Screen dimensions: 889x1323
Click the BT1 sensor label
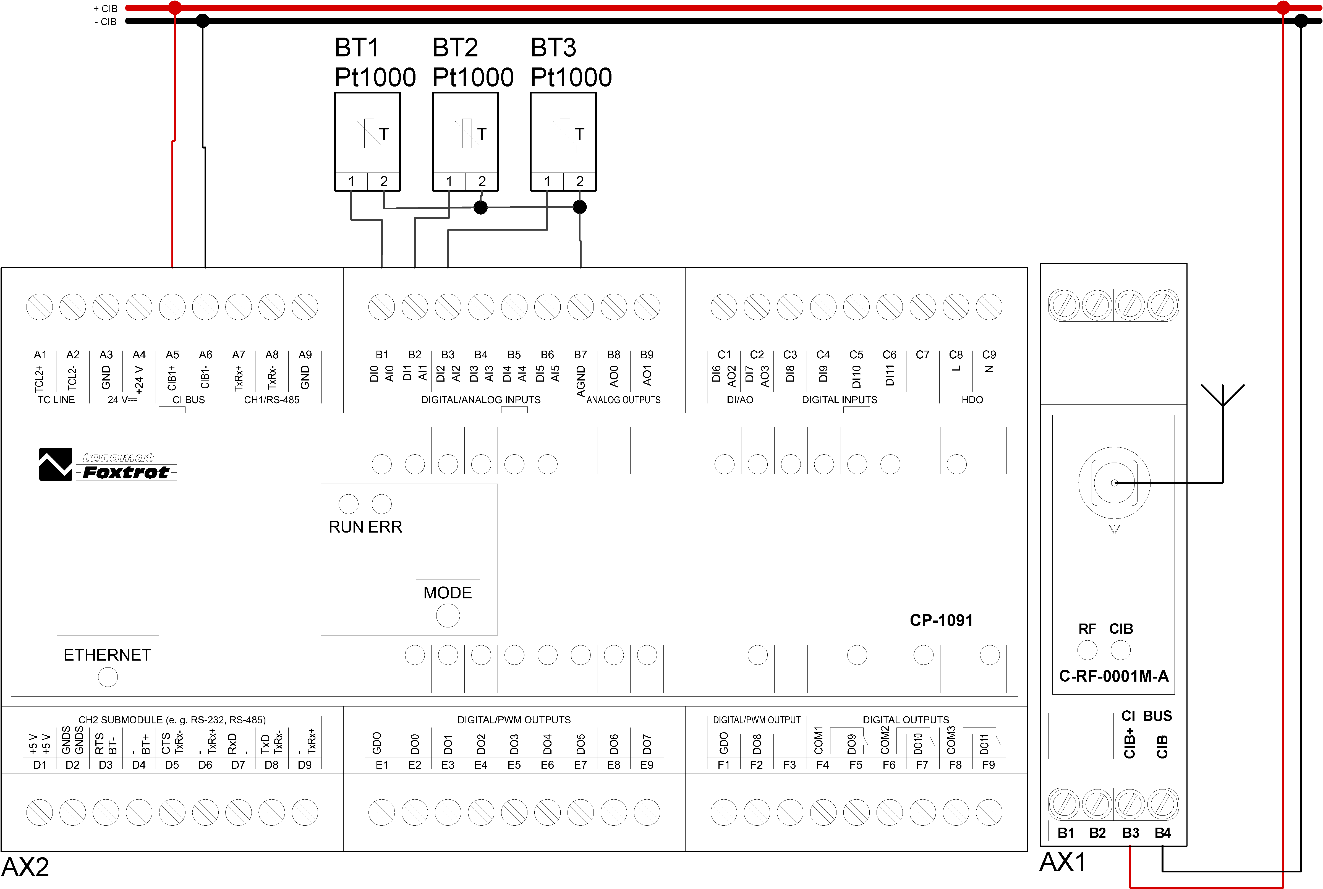(x=357, y=48)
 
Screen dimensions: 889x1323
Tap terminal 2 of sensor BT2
(x=482, y=181)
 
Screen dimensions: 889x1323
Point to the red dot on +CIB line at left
(x=175, y=7)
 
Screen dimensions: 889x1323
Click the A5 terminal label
(x=172, y=355)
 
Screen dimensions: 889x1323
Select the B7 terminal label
(x=581, y=355)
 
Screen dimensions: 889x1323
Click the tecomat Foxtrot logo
(x=108, y=465)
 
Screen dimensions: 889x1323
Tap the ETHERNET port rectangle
(x=108, y=585)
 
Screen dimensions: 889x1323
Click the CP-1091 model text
(x=941, y=620)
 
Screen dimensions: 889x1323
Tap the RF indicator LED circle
(x=1087, y=650)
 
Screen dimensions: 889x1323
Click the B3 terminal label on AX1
(x=1130, y=833)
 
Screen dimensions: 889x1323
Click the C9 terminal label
(x=989, y=355)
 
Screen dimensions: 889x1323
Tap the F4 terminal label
(x=822, y=765)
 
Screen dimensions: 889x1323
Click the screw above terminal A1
(x=40, y=307)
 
